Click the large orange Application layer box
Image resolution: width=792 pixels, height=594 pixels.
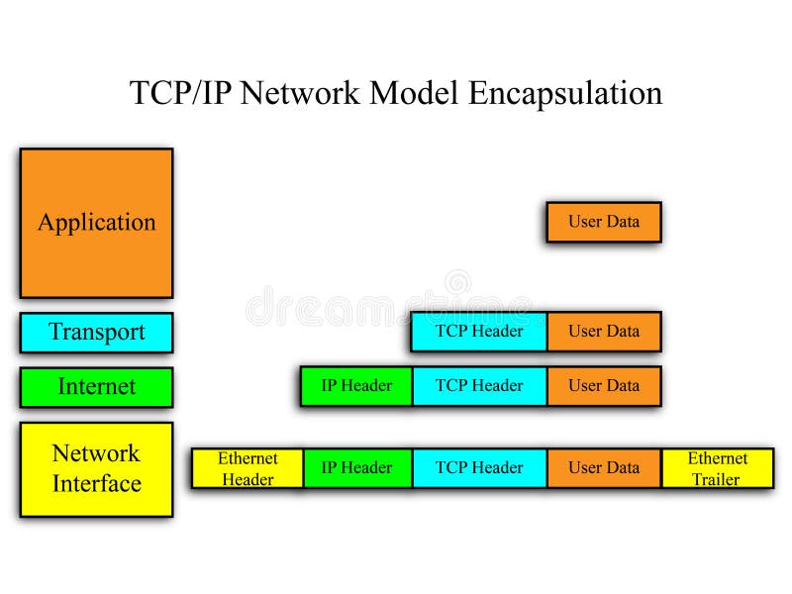click(96, 223)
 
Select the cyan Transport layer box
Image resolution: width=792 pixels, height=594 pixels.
click(96, 332)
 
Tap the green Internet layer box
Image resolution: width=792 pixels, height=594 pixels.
click(96, 386)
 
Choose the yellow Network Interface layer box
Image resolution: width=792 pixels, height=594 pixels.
click(96, 468)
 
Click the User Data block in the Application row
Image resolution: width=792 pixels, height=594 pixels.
click(603, 222)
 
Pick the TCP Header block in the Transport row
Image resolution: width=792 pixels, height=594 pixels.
click(479, 331)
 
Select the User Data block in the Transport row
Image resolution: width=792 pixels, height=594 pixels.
click(603, 331)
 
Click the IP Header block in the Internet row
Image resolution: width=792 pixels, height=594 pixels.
click(356, 386)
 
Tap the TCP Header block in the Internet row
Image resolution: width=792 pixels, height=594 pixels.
click(479, 386)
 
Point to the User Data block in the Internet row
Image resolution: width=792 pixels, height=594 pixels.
click(603, 386)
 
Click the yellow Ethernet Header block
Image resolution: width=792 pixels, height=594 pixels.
click(247, 468)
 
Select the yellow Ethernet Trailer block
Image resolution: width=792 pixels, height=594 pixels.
click(717, 468)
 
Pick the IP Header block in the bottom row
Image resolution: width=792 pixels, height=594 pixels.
click(356, 468)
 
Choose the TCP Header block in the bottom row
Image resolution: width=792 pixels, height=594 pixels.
click(479, 468)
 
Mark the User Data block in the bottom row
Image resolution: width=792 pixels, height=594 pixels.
click(603, 468)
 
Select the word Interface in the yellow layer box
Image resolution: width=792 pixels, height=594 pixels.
click(96, 484)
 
